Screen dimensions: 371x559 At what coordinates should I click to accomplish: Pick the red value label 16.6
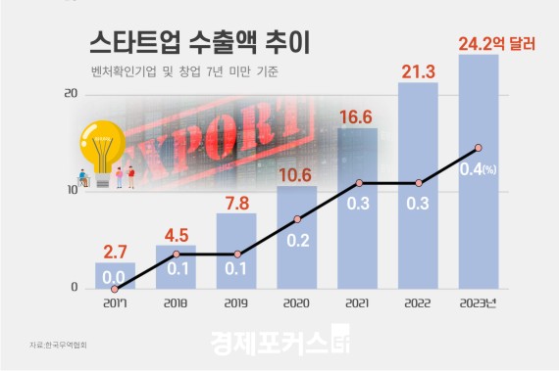point(357,117)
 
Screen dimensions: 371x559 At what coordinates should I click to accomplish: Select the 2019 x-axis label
point(236,303)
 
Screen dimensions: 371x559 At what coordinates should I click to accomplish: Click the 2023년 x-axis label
point(478,303)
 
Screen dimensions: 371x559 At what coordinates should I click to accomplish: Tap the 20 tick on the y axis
point(70,94)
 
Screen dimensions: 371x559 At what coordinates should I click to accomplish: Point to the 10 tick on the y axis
point(70,191)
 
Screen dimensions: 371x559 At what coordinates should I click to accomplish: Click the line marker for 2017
point(115,289)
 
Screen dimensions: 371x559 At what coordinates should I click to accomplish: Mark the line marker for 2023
point(478,148)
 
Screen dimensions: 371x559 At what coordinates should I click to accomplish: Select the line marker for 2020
point(296,218)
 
